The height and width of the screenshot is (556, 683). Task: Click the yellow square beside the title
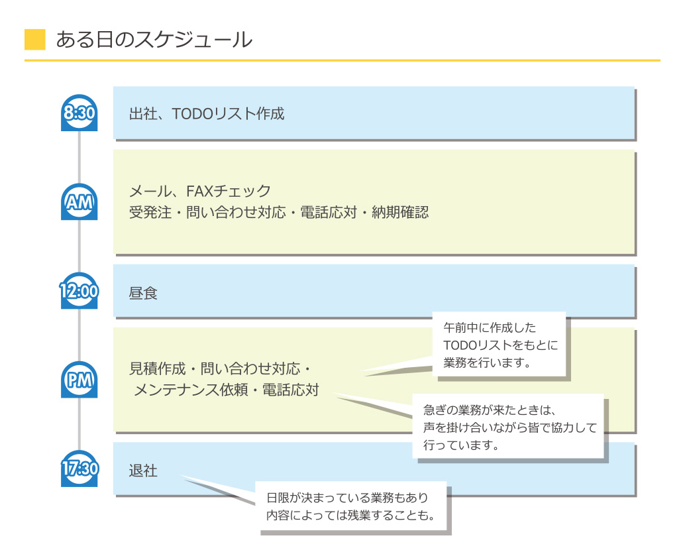[34, 40]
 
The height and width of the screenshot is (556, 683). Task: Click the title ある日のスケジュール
[154, 40]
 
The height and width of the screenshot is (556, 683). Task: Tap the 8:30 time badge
[79, 113]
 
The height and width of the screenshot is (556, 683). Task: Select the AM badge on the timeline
[79, 202]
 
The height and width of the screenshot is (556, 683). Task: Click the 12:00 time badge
[79, 291]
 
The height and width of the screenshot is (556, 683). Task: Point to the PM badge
[79, 380]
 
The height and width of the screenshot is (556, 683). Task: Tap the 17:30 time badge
[79, 469]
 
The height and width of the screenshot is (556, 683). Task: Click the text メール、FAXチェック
[200, 192]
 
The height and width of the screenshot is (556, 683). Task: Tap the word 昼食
[143, 293]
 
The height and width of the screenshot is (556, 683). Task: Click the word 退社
[143, 471]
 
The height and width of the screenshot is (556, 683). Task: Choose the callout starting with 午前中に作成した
[499, 345]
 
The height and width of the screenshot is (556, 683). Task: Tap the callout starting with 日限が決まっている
[351, 507]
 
